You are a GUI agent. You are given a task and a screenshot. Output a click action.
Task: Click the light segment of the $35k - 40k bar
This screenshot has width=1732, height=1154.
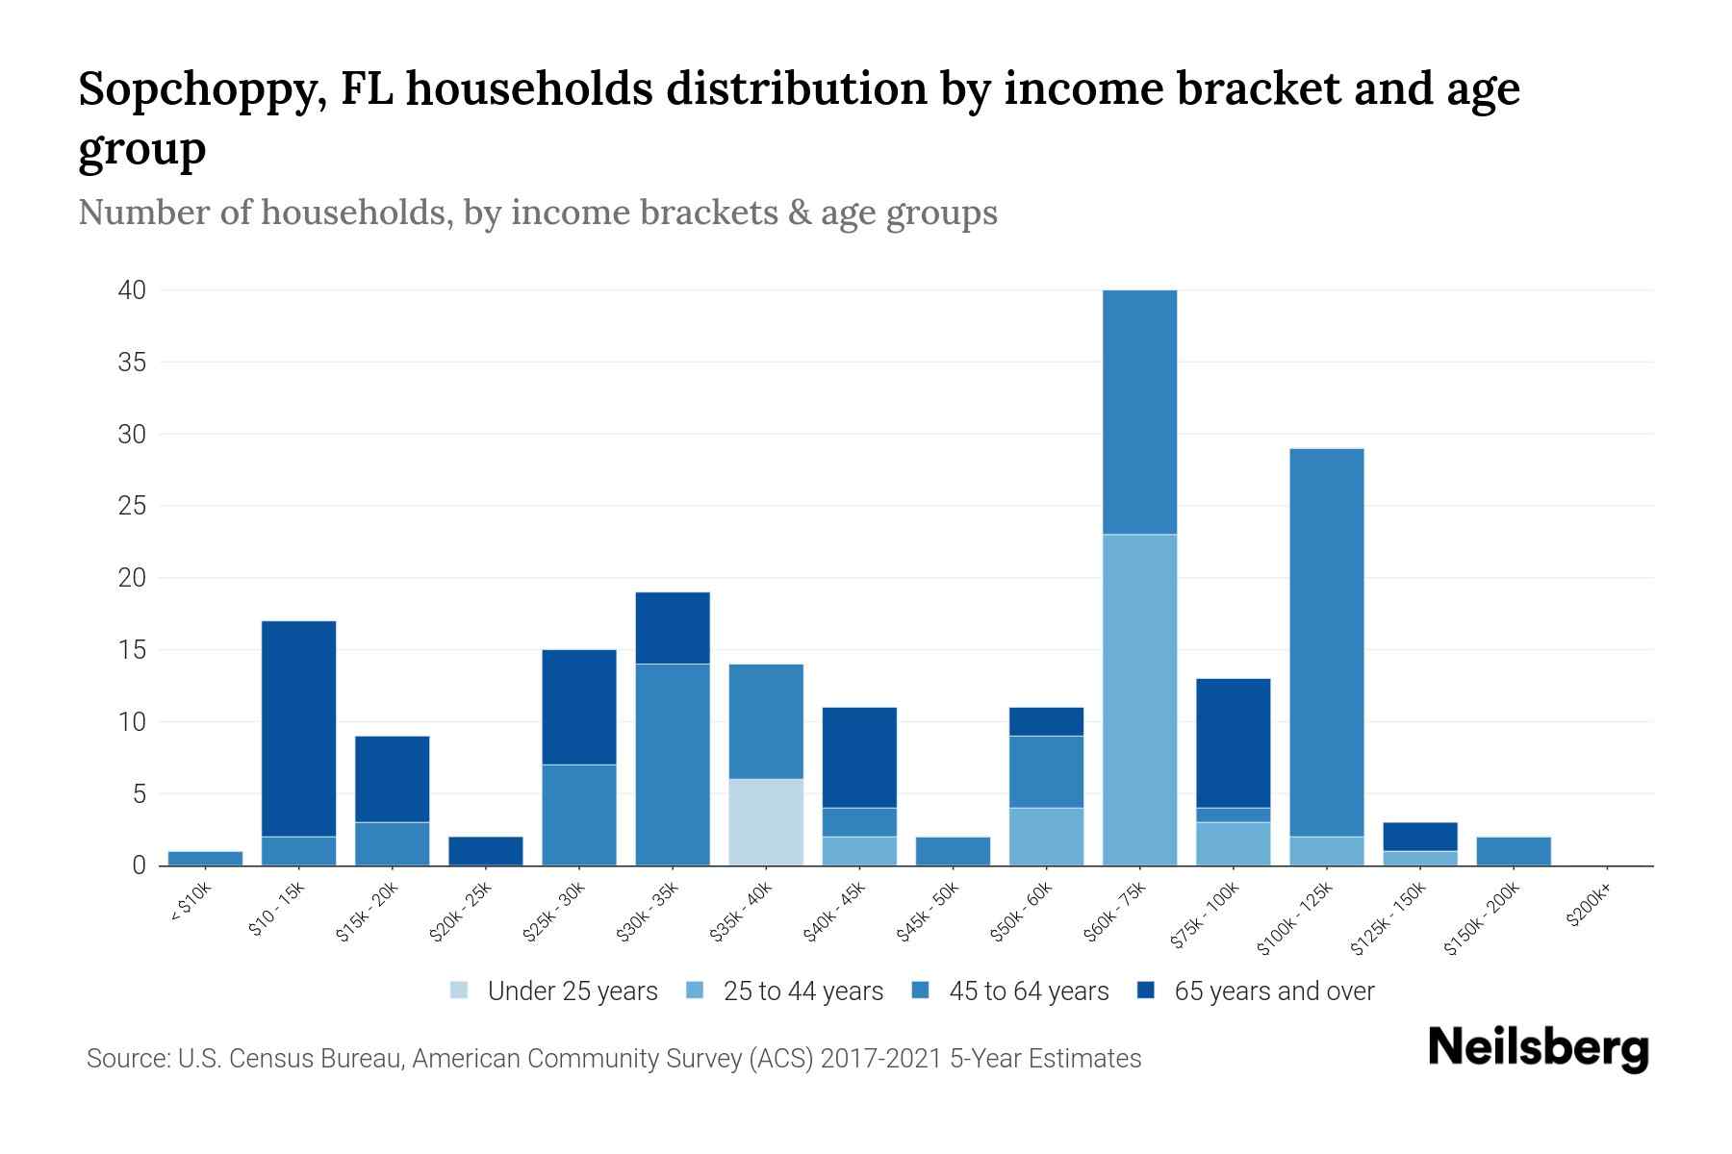coord(766,822)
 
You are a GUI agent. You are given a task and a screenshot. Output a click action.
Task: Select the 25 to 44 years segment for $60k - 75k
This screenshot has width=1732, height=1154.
coord(1139,700)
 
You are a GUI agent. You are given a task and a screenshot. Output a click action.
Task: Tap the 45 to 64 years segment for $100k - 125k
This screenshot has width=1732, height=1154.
coord(1326,642)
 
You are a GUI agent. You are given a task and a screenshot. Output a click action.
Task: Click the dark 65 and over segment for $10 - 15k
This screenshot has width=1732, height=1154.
coord(298,729)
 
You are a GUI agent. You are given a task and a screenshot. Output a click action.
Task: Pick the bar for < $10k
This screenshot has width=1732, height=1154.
coord(205,858)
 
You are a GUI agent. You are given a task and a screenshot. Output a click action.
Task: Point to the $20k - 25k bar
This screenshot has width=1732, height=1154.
coord(486,851)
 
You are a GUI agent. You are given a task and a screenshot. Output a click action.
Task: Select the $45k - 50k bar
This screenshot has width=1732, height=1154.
coord(953,851)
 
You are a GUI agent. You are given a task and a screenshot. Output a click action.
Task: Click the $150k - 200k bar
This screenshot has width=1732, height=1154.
coord(1514,851)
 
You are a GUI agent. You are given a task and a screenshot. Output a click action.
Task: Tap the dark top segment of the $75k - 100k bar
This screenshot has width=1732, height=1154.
coord(1233,742)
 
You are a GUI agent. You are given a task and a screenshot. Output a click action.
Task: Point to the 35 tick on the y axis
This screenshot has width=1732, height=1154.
coord(133,363)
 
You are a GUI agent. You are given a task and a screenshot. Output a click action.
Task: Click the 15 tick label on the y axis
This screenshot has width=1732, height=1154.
coord(133,650)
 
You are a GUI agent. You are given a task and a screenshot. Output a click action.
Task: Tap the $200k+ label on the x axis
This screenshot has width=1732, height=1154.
coord(1588,908)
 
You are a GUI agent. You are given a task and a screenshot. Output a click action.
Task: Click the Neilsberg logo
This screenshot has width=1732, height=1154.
coord(1538,1048)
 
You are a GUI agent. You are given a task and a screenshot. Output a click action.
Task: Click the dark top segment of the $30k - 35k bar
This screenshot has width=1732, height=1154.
coord(673,628)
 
